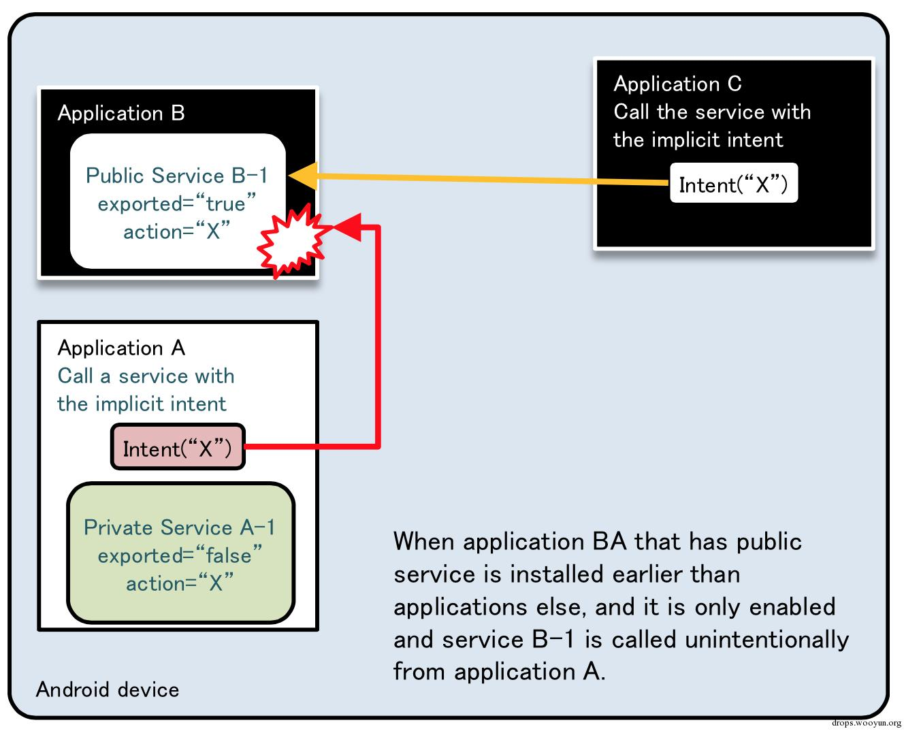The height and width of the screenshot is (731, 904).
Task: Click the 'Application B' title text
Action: click(121, 113)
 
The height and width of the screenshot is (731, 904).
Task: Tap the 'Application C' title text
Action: click(677, 84)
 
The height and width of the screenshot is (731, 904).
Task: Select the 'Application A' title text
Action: click(121, 348)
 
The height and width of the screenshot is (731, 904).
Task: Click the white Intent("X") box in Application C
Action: click(733, 184)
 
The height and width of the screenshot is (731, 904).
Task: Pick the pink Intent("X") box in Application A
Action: click(178, 448)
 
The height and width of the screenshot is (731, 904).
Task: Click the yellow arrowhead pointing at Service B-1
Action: click(303, 176)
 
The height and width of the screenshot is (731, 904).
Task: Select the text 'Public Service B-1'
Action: click(176, 176)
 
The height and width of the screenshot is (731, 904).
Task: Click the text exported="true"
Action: click(176, 204)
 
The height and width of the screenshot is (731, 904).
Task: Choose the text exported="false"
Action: click(179, 555)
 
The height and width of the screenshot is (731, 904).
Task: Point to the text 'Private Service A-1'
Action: click(180, 527)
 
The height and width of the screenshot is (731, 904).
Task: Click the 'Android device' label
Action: click(108, 689)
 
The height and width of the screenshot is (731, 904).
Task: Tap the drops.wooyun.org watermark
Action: click(866, 723)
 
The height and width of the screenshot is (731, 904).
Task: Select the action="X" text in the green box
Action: click(180, 583)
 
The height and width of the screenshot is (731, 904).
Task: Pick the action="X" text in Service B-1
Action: click(176, 231)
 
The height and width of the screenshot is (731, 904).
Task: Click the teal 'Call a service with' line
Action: click(146, 376)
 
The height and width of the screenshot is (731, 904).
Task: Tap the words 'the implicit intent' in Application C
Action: click(698, 140)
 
